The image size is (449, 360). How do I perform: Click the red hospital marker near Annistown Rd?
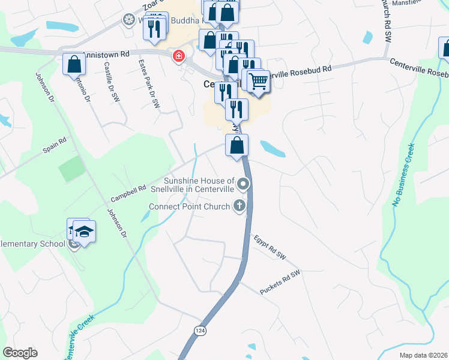pos(178,57)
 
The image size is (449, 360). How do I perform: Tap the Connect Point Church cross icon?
pos(240,206)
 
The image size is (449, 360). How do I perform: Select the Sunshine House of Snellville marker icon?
pos(243,184)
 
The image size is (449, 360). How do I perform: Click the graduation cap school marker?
pos(85,232)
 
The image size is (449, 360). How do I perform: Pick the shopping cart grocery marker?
pos(258,80)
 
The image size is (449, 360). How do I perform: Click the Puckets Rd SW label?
pos(280,283)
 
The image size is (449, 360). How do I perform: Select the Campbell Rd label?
pos(128,193)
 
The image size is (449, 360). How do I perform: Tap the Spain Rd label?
pos(53,150)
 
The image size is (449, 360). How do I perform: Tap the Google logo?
pos(20,353)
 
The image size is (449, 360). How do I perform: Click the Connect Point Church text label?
pos(190,207)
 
